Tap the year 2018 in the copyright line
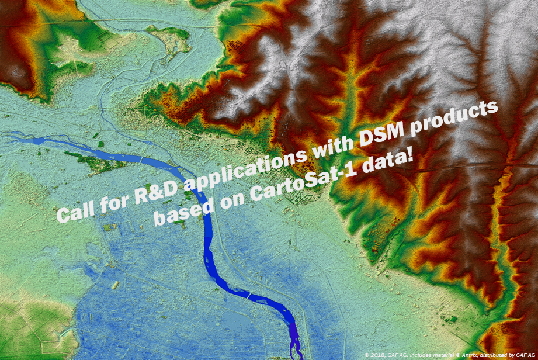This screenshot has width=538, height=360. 377,355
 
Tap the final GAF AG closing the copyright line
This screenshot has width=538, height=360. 525,355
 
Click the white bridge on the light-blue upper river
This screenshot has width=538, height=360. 141,160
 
